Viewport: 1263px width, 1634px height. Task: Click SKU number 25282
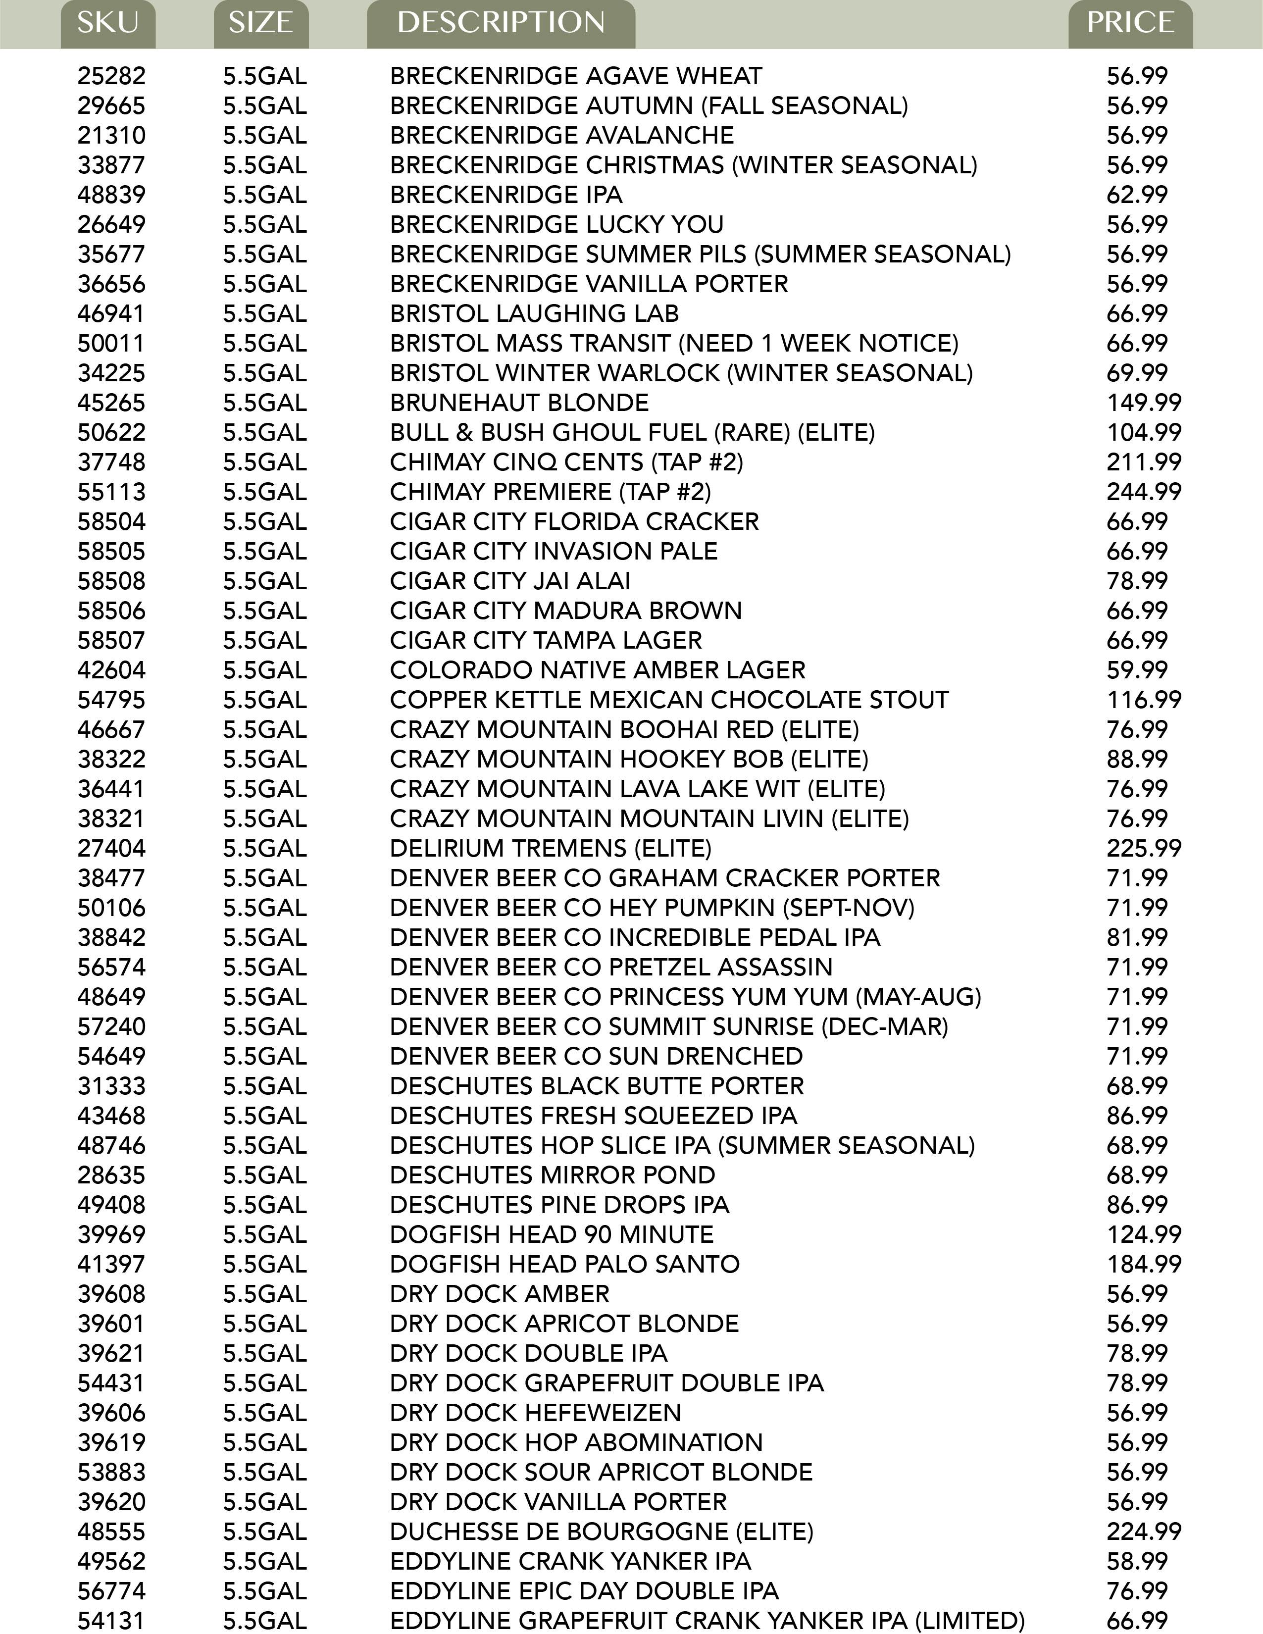pyautogui.click(x=111, y=76)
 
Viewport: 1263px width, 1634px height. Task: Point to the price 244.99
pyautogui.click(x=1143, y=492)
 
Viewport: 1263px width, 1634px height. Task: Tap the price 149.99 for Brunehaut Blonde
pyautogui.click(x=1143, y=403)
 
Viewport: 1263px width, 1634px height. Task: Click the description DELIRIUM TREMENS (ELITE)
pyautogui.click(x=550, y=848)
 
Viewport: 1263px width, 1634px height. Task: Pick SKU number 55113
pyautogui.click(x=111, y=492)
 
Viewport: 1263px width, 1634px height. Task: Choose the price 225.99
pyautogui.click(x=1143, y=848)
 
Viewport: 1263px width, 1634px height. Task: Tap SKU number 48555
pyautogui.click(x=111, y=1532)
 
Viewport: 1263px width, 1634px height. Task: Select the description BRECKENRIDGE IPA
pyautogui.click(x=506, y=195)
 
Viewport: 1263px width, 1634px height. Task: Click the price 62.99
pyautogui.click(x=1137, y=195)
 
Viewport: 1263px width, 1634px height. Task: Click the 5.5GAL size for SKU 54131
pyautogui.click(x=265, y=1621)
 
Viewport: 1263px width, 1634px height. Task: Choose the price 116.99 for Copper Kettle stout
pyautogui.click(x=1143, y=700)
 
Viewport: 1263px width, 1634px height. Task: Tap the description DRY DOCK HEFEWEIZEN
pyautogui.click(x=535, y=1413)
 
